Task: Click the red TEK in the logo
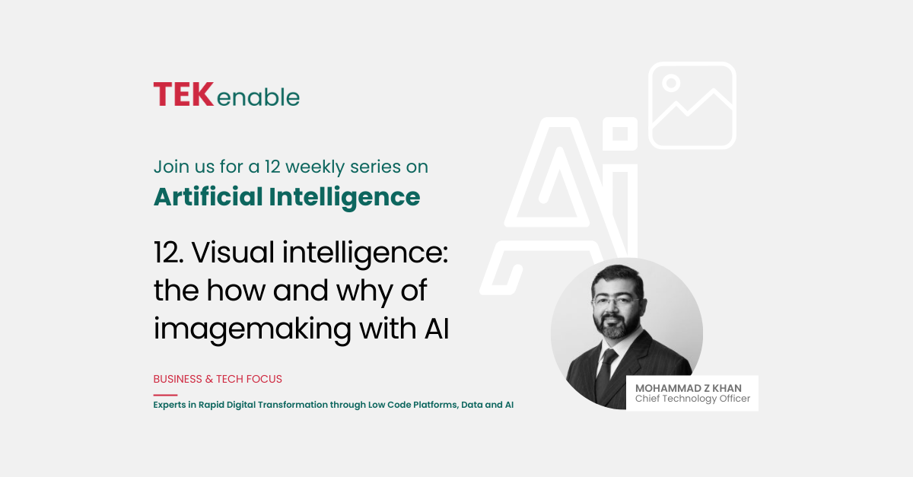point(183,94)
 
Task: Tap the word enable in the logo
point(259,97)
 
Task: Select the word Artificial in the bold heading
point(208,196)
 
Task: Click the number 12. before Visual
point(168,253)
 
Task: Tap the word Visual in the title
point(233,252)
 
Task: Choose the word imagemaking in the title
point(253,329)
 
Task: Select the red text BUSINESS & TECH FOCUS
point(218,379)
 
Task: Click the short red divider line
point(166,395)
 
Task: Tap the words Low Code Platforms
point(413,405)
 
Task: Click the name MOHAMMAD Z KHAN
point(689,388)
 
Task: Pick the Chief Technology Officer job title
point(692,399)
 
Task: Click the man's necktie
point(605,374)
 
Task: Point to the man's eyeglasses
point(617,303)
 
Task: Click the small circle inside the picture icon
point(671,83)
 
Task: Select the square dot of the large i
point(620,134)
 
